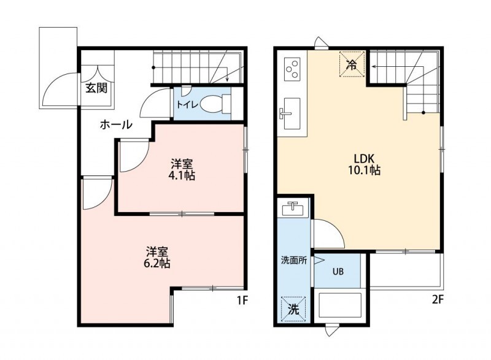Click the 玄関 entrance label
point(97,88)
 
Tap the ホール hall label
point(116,124)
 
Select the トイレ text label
point(187,104)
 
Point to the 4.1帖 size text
point(182,176)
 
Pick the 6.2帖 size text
point(157,263)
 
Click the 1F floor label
point(242,301)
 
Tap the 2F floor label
point(438,300)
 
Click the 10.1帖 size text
point(364,170)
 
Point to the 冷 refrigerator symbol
point(352,64)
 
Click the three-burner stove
point(292,69)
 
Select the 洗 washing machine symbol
point(294,309)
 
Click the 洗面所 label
point(294,261)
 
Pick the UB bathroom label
point(338,272)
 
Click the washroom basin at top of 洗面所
point(293,209)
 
